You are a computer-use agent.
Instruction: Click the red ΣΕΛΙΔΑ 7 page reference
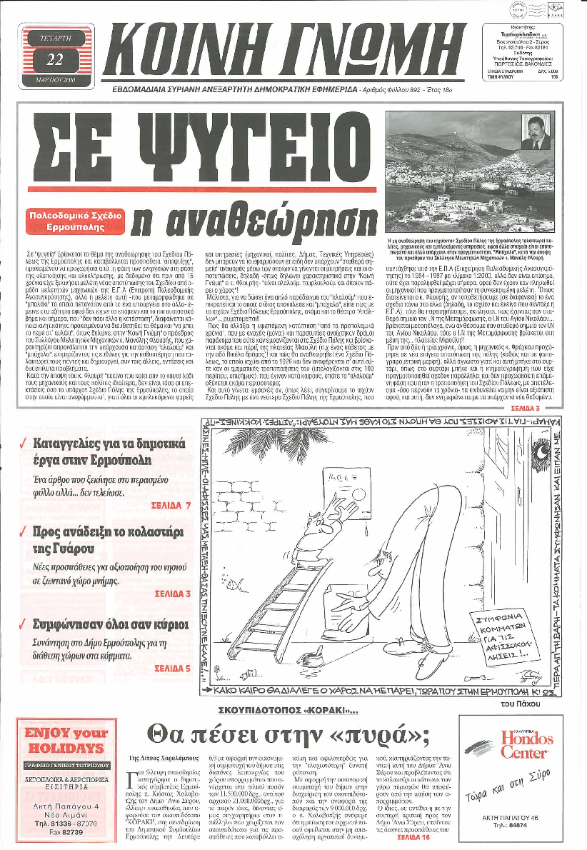tap(171, 505)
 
